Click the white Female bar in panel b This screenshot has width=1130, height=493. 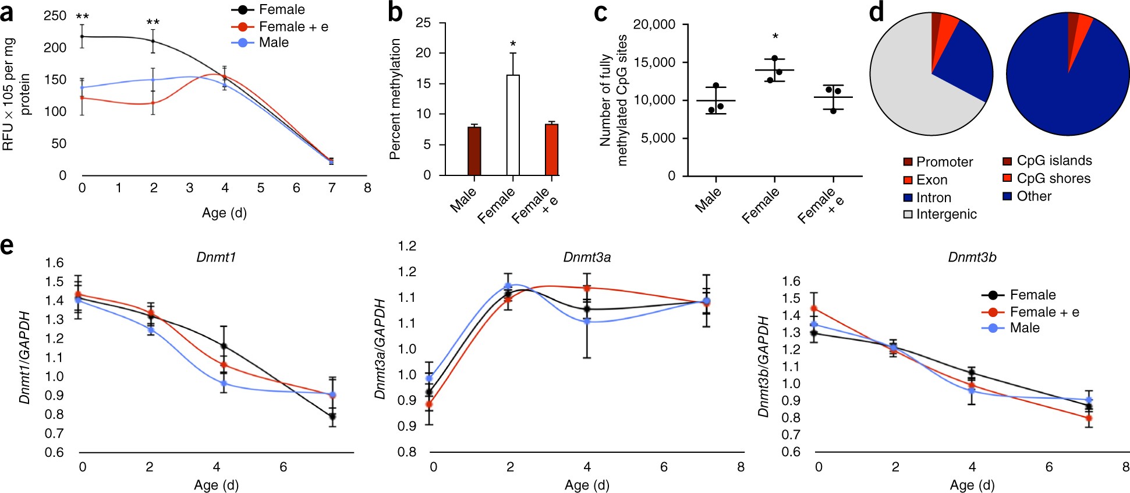coord(512,125)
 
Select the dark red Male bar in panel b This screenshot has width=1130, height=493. coord(474,151)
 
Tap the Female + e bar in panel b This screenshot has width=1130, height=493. coord(551,150)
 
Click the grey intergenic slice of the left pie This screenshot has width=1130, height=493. coord(908,93)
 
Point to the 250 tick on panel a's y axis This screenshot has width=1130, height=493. coord(55,16)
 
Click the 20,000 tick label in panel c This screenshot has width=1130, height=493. coord(654,24)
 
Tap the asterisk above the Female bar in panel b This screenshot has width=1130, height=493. coord(513,44)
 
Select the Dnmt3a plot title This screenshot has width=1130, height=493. coord(587,258)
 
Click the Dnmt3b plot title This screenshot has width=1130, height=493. coord(972,258)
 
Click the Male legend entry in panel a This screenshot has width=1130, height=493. coord(273,43)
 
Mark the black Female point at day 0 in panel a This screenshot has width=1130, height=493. coord(82,37)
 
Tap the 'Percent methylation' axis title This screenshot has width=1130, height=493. coord(395,99)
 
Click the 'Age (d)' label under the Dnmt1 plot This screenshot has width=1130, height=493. coord(216,485)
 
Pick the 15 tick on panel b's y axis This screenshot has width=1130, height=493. coord(423,84)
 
